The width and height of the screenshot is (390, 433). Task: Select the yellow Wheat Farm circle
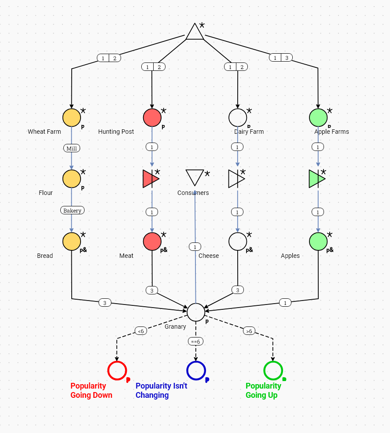point(72,117)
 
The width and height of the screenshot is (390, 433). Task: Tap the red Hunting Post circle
point(152,117)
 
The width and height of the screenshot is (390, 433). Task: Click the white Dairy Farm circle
point(238,117)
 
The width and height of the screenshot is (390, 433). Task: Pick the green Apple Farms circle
point(318,117)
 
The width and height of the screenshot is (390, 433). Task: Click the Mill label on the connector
point(72,148)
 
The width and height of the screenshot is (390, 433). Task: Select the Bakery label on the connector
point(72,210)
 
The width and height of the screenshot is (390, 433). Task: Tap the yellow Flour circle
point(72,179)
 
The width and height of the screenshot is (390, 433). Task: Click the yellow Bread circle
point(72,242)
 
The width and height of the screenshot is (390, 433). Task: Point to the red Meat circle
point(152,242)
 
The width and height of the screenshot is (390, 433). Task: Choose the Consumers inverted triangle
point(195,177)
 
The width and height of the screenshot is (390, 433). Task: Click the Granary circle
point(196,312)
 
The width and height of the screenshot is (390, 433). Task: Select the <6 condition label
point(141,331)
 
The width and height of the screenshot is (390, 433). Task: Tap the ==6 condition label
point(195,341)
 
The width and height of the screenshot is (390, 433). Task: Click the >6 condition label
point(249,331)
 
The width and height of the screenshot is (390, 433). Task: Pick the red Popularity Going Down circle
point(117,371)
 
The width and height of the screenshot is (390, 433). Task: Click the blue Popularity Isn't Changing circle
point(196,371)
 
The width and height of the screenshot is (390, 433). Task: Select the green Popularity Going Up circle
point(273,371)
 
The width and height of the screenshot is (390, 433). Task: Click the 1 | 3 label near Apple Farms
point(281,58)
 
